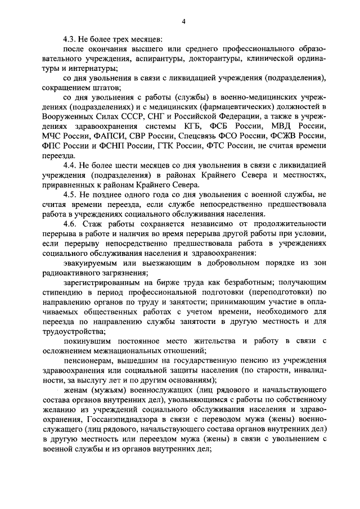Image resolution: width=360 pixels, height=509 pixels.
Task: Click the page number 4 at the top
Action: click(x=183, y=21)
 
